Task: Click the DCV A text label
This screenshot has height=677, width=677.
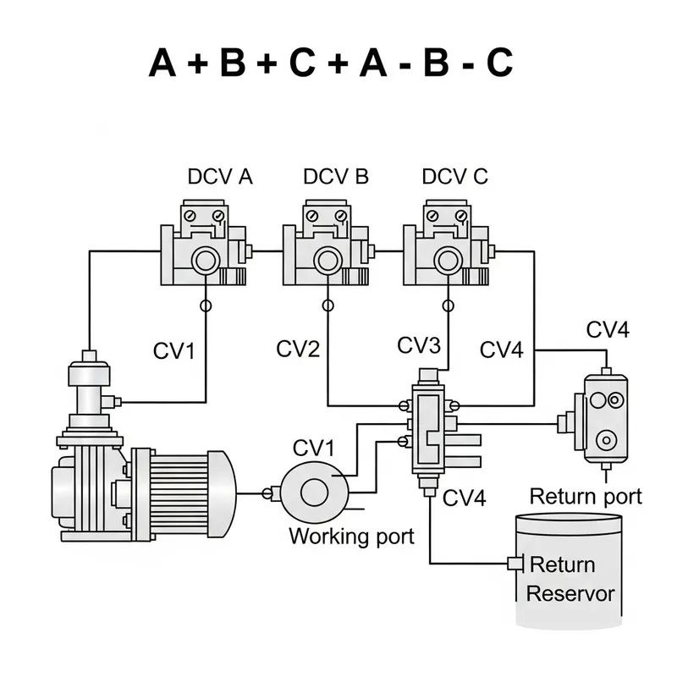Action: (220, 177)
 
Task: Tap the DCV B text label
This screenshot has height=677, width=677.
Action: (336, 177)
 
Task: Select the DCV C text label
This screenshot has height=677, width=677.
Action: (454, 177)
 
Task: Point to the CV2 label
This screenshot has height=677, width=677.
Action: (297, 348)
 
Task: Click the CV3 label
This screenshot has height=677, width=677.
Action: (420, 345)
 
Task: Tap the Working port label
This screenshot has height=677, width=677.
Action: (351, 536)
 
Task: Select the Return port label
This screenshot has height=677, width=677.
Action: (586, 495)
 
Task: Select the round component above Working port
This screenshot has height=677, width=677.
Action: (315, 488)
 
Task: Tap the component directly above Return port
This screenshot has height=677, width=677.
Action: (604, 418)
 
